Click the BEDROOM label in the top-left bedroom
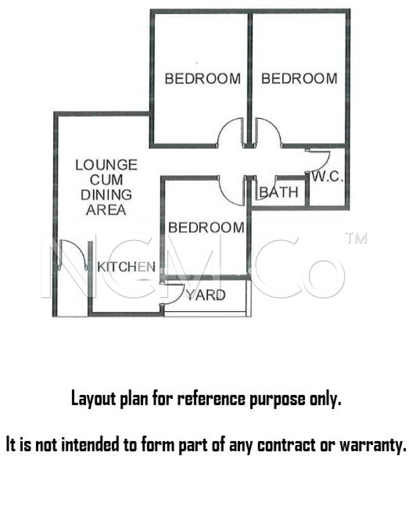pyautogui.click(x=203, y=79)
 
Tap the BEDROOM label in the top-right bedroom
pyautogui.click(x=299, y=79)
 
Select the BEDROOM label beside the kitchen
pyautogui.click(x=206, y=227)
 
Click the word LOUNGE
pyautogui.click(x=106, y=165)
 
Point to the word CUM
pyautogui.click(x=106, y=180)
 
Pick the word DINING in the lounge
pyautogui.click(x=106, y=195)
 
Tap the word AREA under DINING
pyautogui.click(x=106, y=210)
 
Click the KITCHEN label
pyautogui.click(x=126, y=267)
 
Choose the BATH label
pyautogui.click(x=279, y=192)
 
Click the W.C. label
pyautogui.click(x=328, y=177)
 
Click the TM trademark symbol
pyautogui.click(x=357, y=239)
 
